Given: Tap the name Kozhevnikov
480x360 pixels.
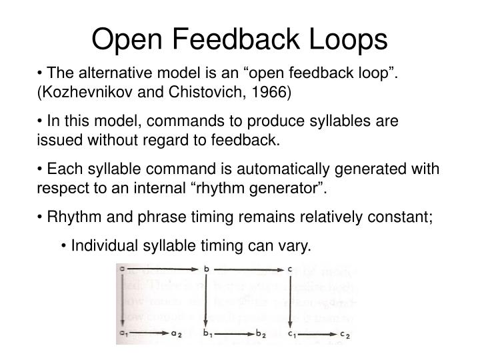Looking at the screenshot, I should coord(90,91).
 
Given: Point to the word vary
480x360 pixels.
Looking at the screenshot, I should coord(297,247).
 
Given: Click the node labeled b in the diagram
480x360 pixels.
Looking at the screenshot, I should coord(207,269).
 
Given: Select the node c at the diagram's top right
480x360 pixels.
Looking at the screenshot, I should coord(290,269).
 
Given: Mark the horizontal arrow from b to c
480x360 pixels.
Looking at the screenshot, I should coord(248,269).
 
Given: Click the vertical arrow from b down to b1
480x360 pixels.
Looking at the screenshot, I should coord(207,300).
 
